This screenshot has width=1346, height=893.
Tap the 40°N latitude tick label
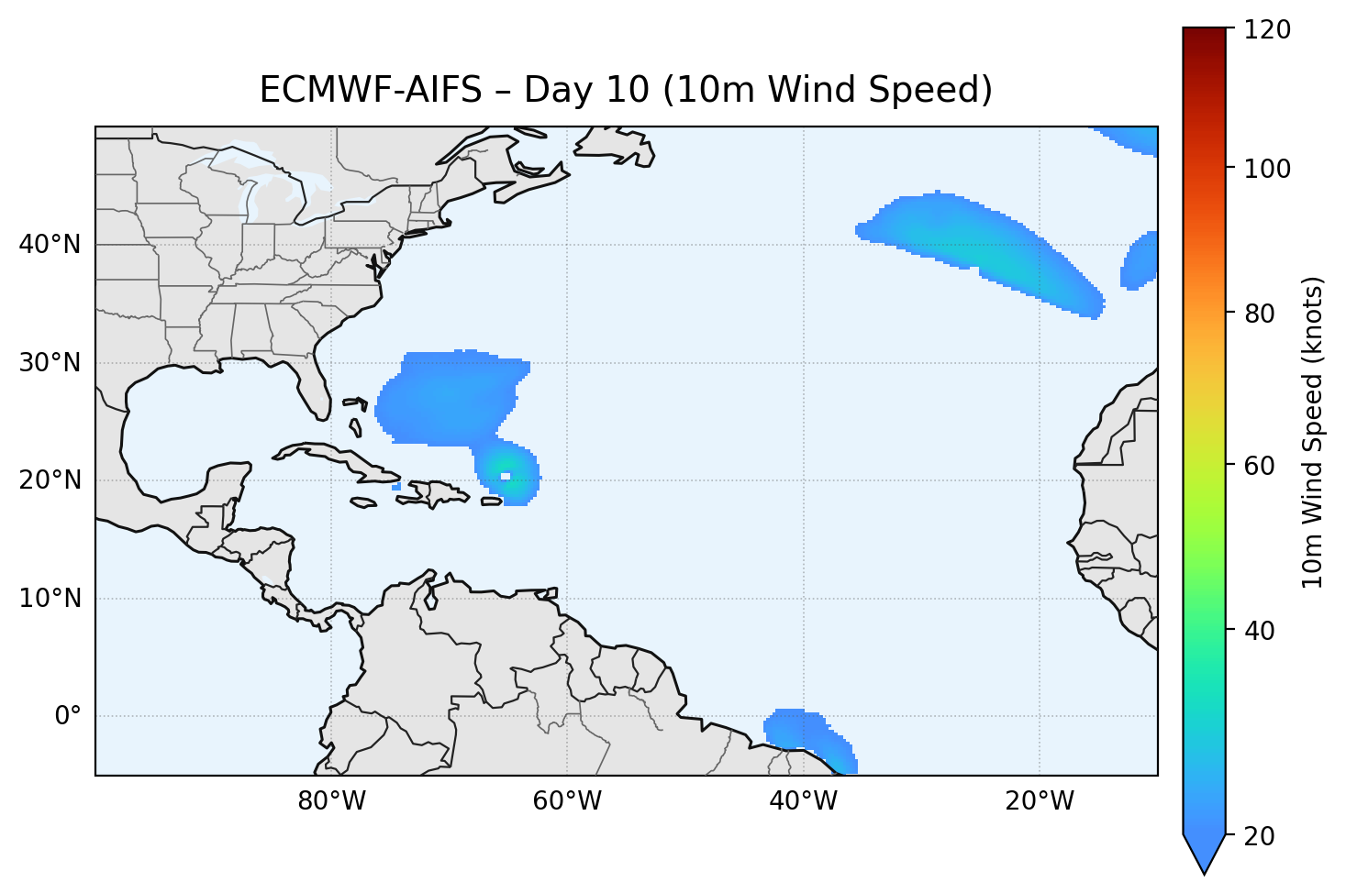click(50, 245)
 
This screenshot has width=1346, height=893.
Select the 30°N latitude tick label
click(50, 363)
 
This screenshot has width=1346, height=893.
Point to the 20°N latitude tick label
click(50, 480)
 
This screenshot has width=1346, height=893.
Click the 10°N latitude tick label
click(50, 599)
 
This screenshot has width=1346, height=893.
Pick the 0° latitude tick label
click(67, 716)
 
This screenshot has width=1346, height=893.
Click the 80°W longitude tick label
click(331, 801)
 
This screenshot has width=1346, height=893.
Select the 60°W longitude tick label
click(567, 801)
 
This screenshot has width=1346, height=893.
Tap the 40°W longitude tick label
click(803, 801)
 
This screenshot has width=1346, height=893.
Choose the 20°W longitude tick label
click(1039, 801)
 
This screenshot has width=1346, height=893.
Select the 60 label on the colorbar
click(1263, 466)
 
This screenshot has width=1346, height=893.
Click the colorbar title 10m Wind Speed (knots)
click(1313, 433)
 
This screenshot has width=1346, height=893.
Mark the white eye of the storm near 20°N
click(506, 475)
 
